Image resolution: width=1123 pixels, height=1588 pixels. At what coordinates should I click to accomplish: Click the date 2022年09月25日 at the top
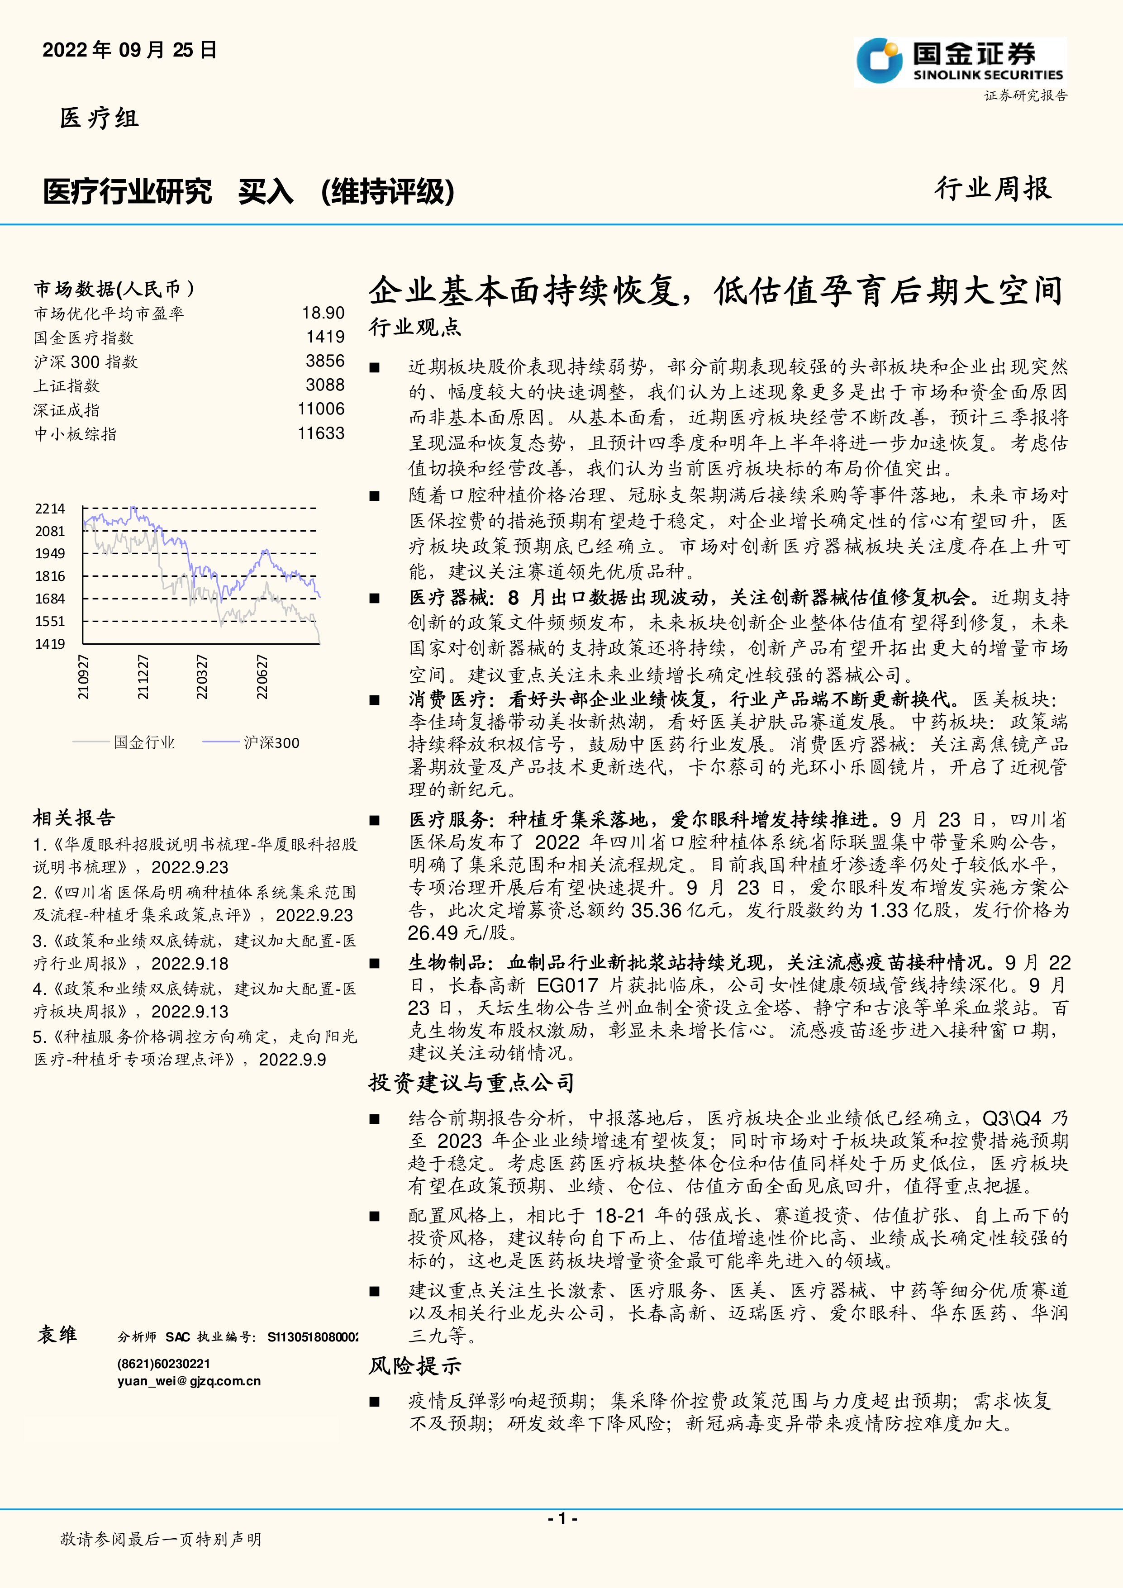(130, 51)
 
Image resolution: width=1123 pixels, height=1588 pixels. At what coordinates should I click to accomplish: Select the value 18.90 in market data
(323, 314)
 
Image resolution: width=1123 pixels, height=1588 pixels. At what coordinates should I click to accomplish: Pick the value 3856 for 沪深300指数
(325, 361)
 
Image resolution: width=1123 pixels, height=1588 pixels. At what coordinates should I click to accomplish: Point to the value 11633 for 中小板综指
(321, 434)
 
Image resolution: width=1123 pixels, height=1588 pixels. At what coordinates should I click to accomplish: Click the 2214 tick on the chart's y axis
(50, 509)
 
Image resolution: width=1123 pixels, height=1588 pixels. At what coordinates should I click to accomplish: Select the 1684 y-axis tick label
(50, 599)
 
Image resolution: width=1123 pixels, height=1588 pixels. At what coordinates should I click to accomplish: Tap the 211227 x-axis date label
(143, 677)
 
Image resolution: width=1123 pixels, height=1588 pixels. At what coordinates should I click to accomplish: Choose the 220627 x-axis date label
(262, 677)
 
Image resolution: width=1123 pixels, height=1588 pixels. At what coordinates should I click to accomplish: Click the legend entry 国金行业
(144, 743)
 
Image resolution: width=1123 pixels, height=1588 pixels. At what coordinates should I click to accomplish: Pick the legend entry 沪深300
(271, 743)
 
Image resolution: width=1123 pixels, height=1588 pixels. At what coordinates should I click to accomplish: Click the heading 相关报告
(74, 818)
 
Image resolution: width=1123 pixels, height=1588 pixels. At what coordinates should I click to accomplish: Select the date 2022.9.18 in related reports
(190, 964)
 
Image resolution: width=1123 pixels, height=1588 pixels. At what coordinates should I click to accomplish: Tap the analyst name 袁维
(57, 1334)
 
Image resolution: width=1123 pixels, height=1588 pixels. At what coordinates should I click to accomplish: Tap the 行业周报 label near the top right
(993, 189)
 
